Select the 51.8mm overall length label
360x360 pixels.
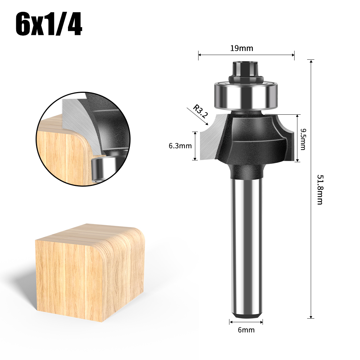319,190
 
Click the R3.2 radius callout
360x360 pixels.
200,111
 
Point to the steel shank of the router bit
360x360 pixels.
246,245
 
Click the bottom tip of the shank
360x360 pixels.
246,316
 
